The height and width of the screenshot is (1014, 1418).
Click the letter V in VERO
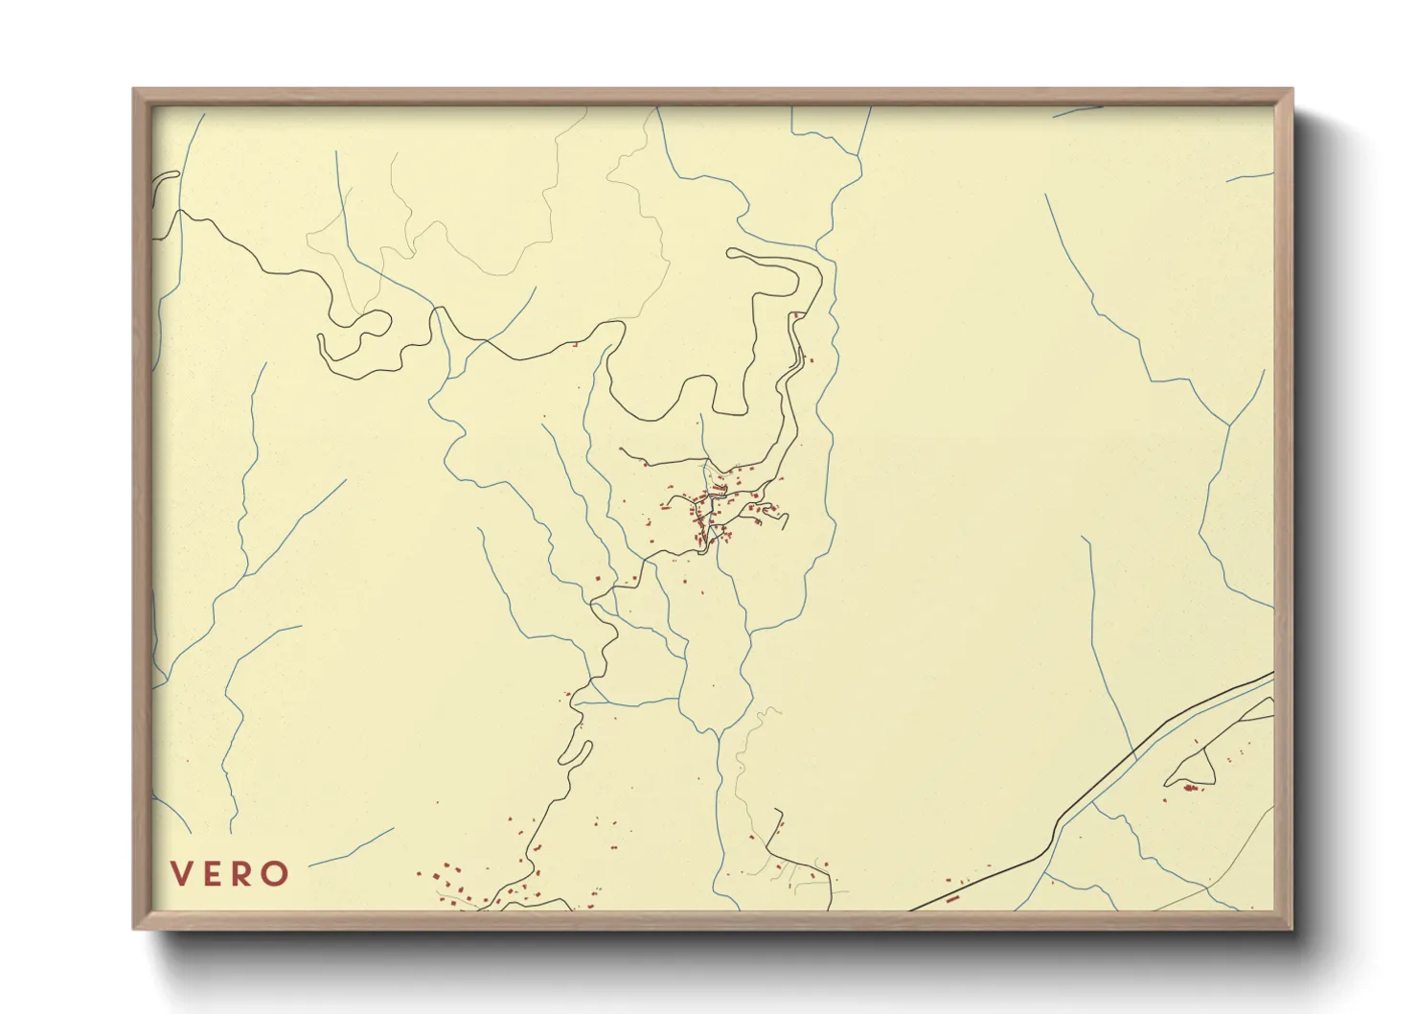182,874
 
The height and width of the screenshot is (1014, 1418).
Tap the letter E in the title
214,874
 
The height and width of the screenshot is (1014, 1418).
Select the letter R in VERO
244,874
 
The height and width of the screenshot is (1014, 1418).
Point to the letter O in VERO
276,874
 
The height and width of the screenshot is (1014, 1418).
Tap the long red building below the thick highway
952,899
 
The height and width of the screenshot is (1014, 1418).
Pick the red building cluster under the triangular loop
1190,788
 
